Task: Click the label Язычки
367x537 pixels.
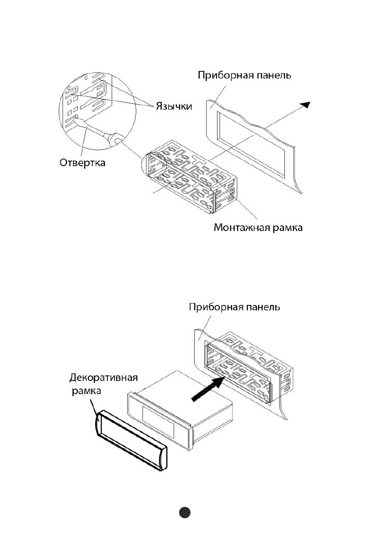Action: (174, 106)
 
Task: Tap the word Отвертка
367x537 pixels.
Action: (82, 162)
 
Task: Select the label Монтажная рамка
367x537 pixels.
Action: (258, 227)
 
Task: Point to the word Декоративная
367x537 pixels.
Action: (103, 378)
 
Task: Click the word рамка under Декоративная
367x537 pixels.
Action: (86, 391)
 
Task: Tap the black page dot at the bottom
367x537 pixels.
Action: (185, 512)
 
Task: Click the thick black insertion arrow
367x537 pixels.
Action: (207, 389)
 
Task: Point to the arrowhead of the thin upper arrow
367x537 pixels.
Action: (306, 104)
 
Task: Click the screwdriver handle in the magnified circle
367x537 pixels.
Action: (113, 139)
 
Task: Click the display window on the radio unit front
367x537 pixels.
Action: (158, 423)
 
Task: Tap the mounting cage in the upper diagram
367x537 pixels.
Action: (191, 177)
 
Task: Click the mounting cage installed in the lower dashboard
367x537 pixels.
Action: (247, 366)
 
